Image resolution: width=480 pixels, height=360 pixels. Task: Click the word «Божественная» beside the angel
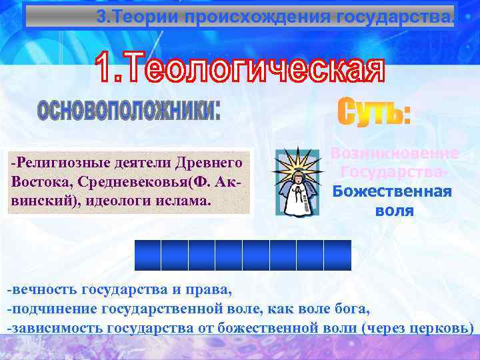pyautogui.click(x=391, y=191)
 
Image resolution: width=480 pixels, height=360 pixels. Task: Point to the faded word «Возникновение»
pyautogui.click(x=395, y=154)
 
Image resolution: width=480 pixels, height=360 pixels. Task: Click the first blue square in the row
pyautogui.click(x=148, y=254)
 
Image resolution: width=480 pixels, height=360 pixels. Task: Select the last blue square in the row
pyautogui.click(x=337, y=254)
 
